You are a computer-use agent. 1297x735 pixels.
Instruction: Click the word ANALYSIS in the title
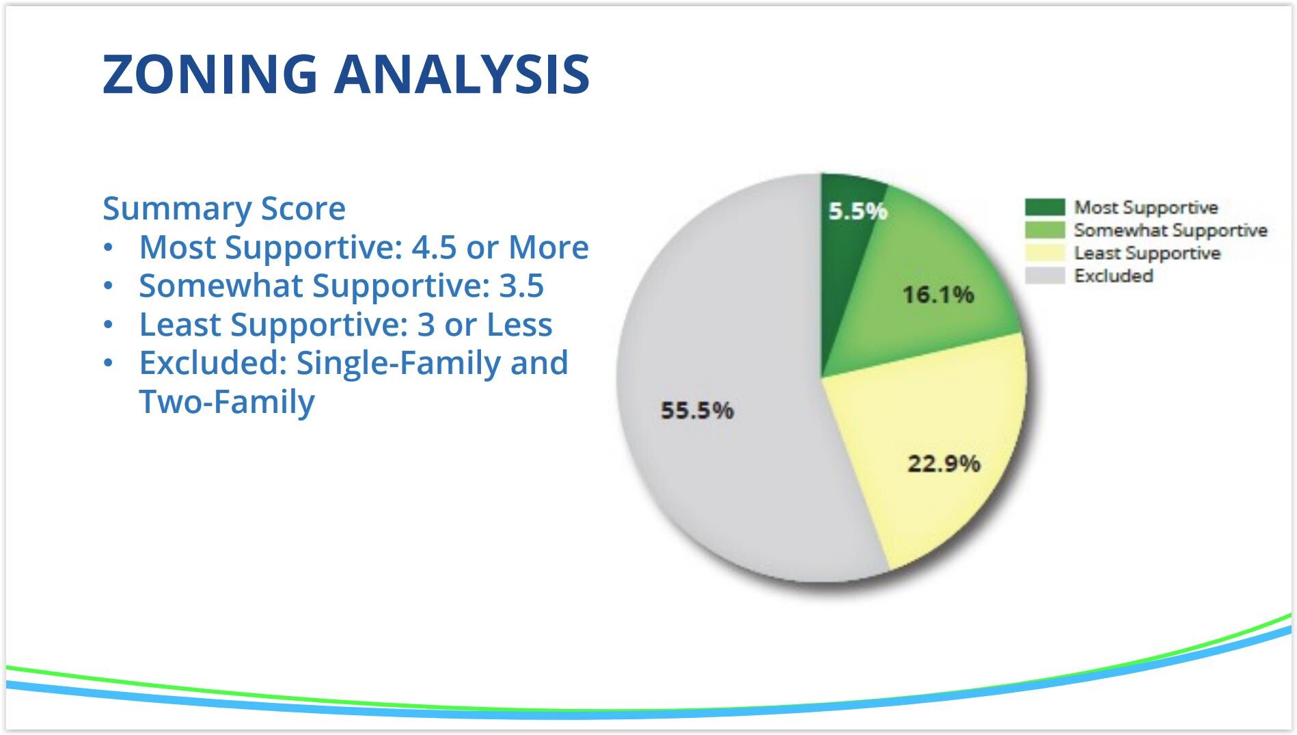click(x=462, y=73)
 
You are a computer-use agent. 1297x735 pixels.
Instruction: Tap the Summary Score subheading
click(x=224, y=208)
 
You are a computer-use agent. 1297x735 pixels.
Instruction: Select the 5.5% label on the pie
click(x=858, y=211)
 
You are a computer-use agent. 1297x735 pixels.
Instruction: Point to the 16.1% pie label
click(x=938, y=295)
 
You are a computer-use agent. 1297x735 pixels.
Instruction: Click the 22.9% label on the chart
click(x=944, y=464)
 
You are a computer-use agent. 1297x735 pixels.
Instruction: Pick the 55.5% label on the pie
click(x=697, y=410)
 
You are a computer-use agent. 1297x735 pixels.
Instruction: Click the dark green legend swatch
click(x=1045, y=207)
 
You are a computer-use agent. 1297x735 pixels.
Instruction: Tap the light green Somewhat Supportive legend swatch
click(x=1045, y=230)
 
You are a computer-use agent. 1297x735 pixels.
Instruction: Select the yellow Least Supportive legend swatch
click(x=1045, y=253)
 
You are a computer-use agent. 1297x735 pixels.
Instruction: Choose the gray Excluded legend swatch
click(x=1045, y=276)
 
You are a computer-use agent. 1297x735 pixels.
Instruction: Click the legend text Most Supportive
click(x=1146, y=207)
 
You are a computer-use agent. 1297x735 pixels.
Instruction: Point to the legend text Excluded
click(x=1114, y=276)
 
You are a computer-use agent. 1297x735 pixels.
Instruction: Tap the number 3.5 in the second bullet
click(x=521, y=286)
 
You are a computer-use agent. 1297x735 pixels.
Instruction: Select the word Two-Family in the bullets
click(x=227, y=401)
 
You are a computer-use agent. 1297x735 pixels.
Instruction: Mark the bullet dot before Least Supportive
click(x=108, y=325)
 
